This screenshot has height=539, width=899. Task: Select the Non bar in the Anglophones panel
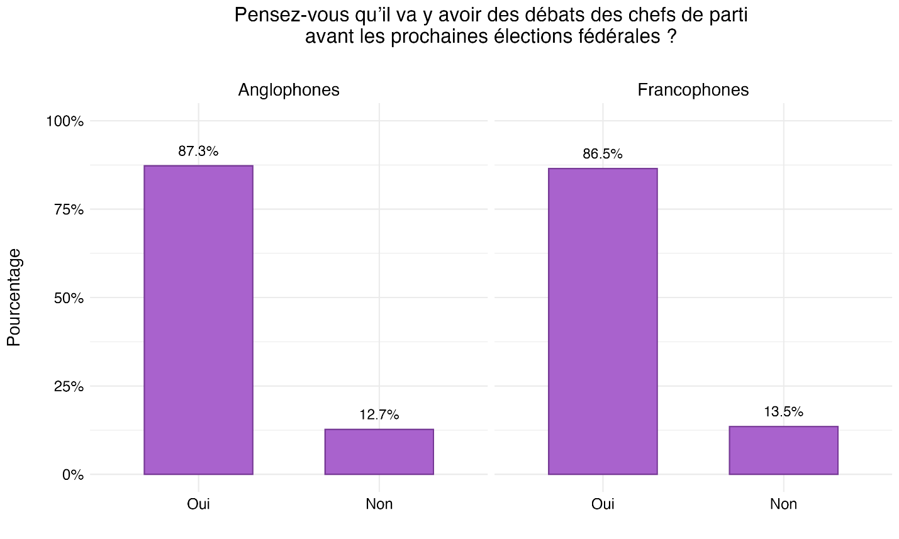click(379, 452)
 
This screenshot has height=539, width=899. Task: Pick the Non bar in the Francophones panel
click(783, 450)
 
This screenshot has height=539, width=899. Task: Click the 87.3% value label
click(198, 151)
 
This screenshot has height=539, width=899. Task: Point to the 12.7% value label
click(379, 414)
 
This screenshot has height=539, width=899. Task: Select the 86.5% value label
click(603, 153)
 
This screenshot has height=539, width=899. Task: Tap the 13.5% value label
click(783, 412)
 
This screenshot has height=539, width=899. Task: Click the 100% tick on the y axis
click(65, 121)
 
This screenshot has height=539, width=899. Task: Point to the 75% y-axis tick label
click(68, 209)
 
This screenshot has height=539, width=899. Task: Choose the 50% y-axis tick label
click(68, 297)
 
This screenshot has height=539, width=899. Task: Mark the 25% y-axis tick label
click(68, 386)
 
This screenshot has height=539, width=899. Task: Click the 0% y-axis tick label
click(72, 475)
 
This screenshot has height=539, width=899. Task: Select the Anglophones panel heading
click(289, 90)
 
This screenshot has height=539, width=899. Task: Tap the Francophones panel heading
click(693, 90)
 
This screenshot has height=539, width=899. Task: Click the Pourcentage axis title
click(14, 297)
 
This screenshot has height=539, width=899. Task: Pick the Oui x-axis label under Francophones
click(603, 504)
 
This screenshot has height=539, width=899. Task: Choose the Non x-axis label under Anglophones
click(379, 504)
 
